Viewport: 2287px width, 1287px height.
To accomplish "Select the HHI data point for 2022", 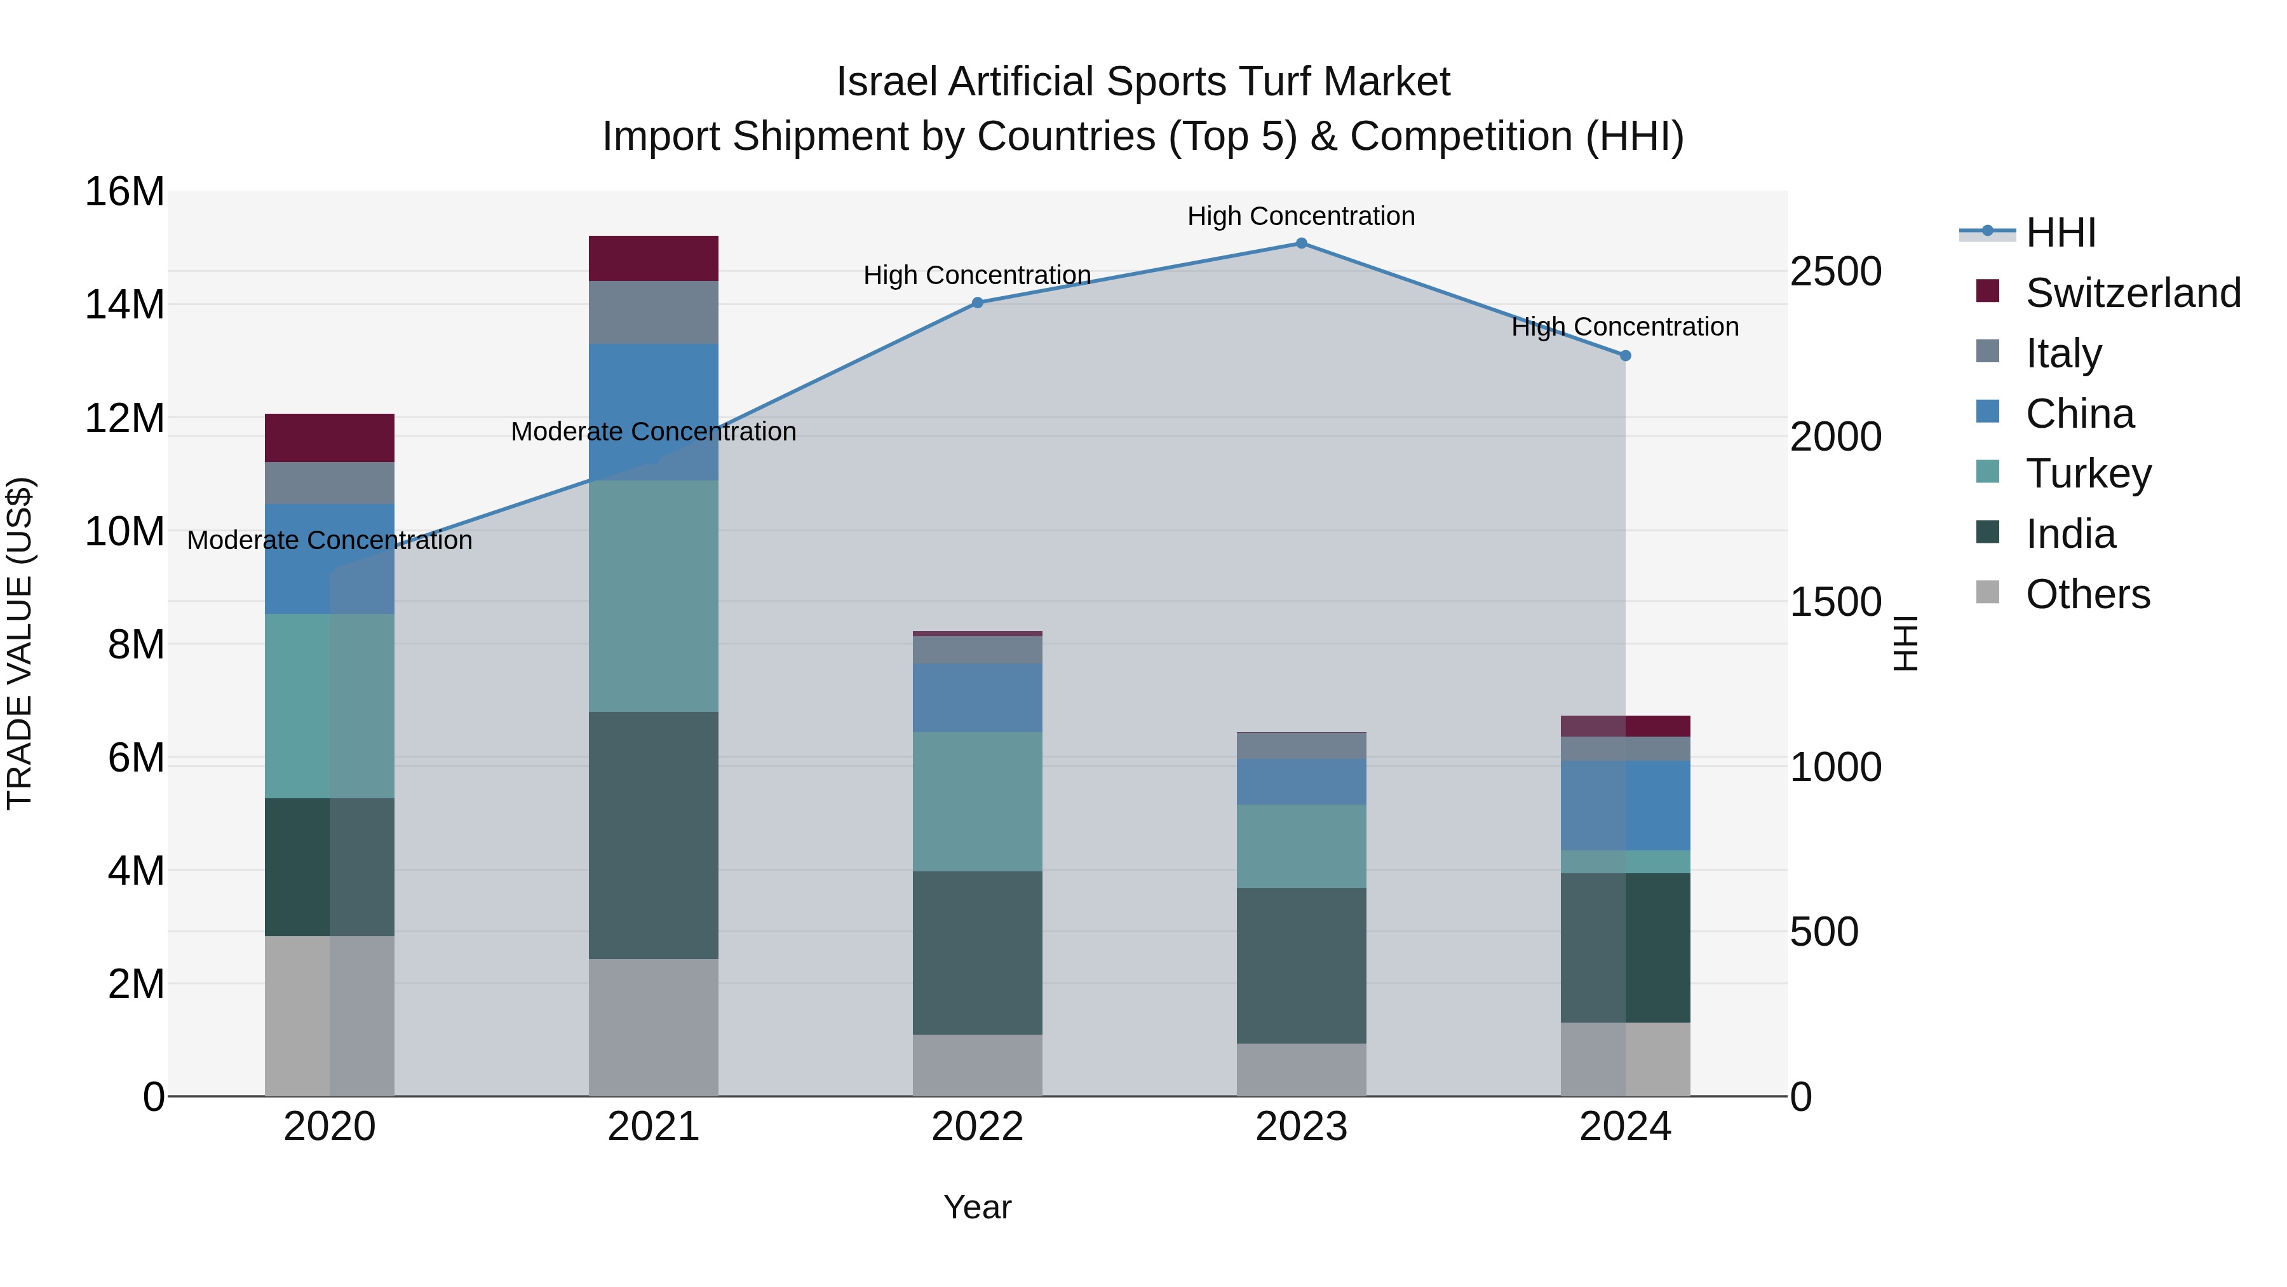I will pos(978,303).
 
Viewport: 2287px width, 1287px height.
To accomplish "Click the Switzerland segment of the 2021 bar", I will pos(654,259).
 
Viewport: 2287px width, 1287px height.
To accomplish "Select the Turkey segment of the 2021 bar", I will pos(654,596).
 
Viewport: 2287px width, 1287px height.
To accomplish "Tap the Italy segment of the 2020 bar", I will pos(329,483).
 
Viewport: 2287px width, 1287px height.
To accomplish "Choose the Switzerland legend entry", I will pos(2133,293).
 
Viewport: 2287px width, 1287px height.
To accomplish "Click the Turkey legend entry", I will pos(2088,473).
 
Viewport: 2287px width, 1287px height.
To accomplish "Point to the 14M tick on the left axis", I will pos(125,304).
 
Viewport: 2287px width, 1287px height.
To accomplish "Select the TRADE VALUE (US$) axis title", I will pos(20,643).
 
